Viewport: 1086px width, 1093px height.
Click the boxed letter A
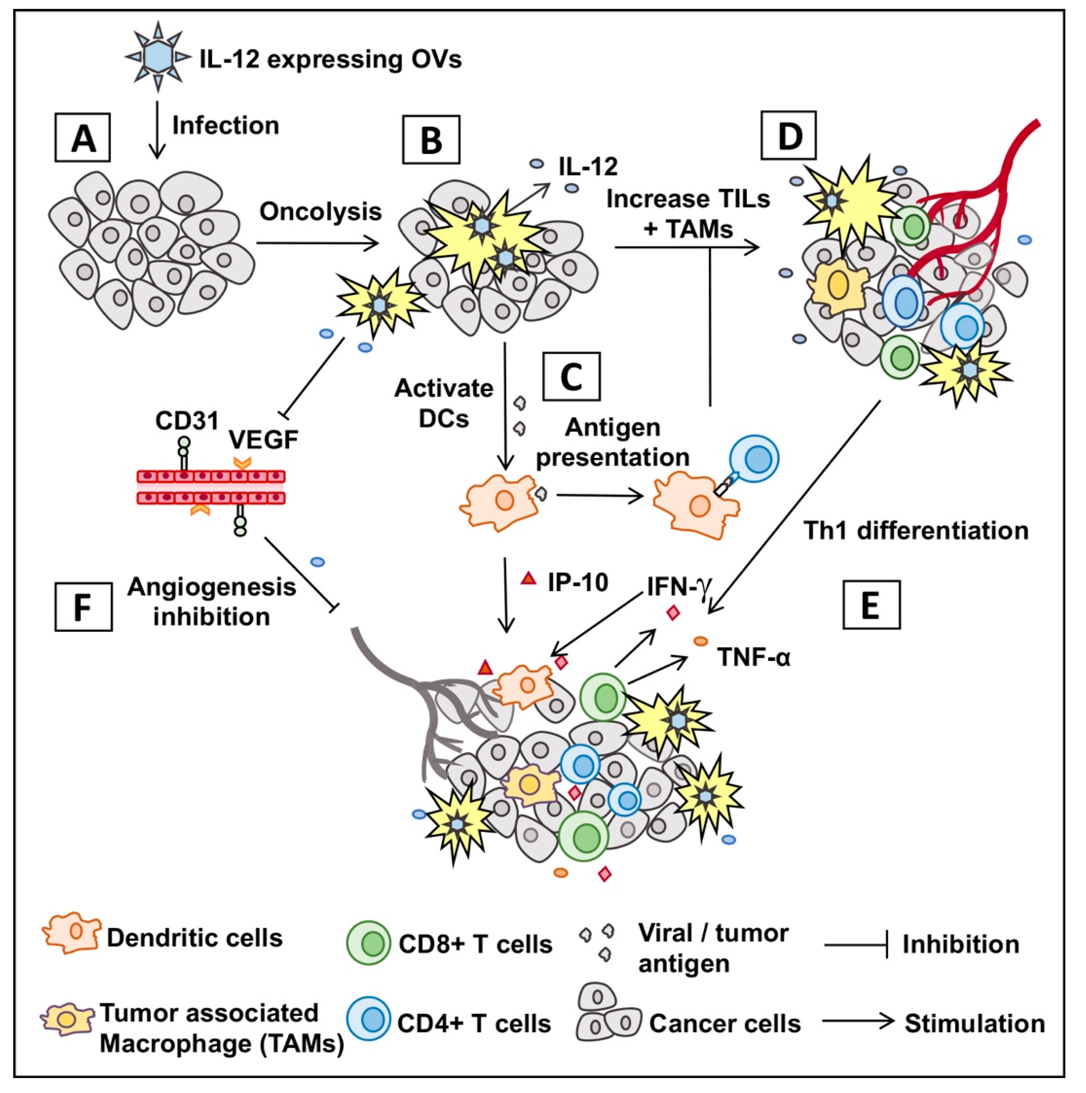coord(83,137)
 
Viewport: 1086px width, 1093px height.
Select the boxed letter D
coord(789,136)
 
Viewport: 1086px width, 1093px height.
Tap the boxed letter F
coord(83,606)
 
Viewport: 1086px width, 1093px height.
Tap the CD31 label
coord(186,421)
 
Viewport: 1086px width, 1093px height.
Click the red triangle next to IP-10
coord(528,578)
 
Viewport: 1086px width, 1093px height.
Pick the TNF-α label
coord(754,657)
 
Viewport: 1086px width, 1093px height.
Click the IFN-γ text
coord(678,587)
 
